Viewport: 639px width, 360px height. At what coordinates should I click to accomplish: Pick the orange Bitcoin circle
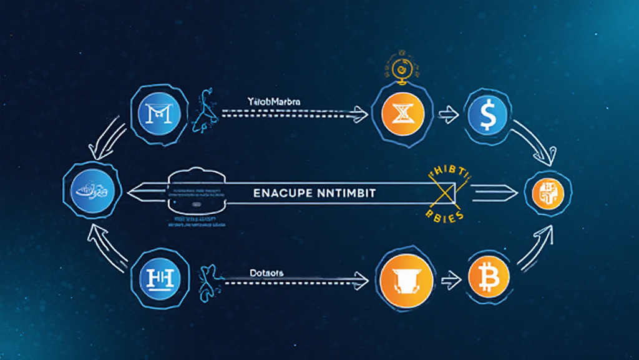(x=487, y=275)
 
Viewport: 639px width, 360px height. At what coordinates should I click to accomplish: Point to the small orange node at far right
(x=547, y=192)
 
